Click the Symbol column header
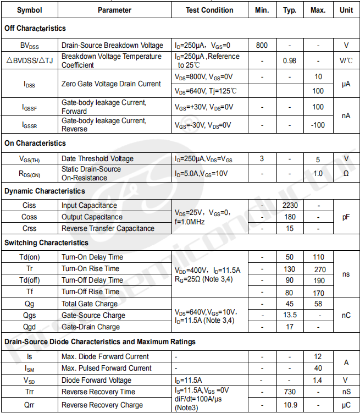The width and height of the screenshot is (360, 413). click(29, 10)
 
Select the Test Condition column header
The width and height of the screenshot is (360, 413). click(209, 10)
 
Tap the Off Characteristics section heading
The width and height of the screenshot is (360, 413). click(35, 28)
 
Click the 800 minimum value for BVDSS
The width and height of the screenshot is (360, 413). click(262, 45)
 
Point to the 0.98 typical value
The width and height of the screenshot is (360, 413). click(290, 60)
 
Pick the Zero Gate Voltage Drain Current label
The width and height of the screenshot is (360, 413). click(111, 84)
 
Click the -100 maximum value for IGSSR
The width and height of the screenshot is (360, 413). click(318, 125)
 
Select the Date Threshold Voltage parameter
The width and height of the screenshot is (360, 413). click(97, 159)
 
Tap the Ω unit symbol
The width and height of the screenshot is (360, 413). click(346, 174)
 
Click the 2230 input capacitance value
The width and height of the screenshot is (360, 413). click(290, 205)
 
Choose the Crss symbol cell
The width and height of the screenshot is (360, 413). click(30, 228)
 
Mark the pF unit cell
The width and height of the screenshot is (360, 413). click(346, 217)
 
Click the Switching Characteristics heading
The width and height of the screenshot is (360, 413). click(46, 243)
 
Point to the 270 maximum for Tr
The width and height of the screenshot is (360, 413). click(318, 269)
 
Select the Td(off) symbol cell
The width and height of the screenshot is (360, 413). click(30, 280)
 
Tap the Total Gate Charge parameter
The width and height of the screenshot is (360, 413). click(90, 304)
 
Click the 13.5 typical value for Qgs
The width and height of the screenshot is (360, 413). click(290, 315)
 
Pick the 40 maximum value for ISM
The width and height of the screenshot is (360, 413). click(318, 368)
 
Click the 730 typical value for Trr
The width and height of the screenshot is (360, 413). click(290, 392)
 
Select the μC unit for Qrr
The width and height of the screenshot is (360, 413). click(346, 405)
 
